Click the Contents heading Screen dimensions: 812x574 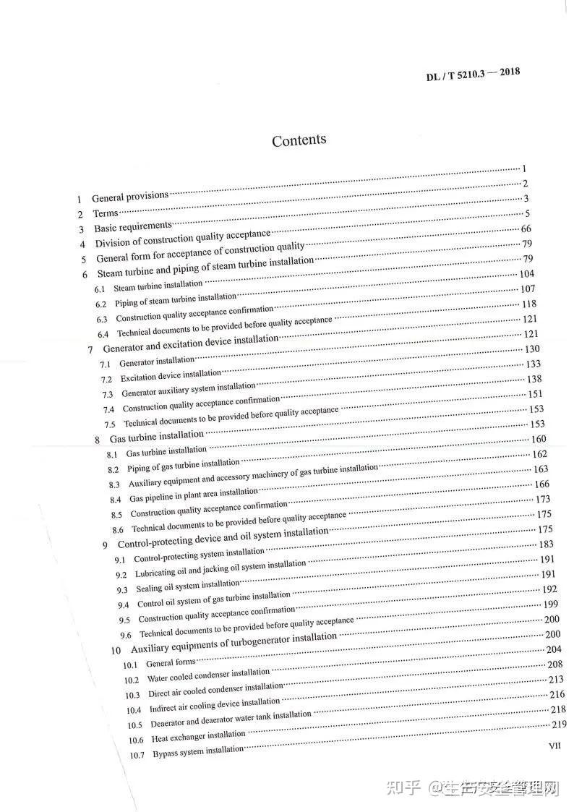299,140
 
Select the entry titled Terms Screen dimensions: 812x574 105,213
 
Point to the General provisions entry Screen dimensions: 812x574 129,197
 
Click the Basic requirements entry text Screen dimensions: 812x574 133,227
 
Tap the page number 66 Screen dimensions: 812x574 526,228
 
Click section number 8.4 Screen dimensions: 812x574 116,500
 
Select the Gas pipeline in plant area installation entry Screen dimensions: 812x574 194,496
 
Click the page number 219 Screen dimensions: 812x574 559,725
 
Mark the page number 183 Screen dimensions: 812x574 547,544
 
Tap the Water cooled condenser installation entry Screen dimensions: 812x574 208,675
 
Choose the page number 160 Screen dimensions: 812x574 539,439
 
